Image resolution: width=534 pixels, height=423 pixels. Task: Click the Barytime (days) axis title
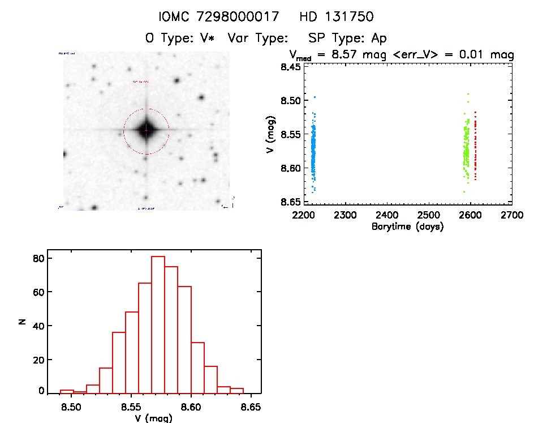(x=407, y=227)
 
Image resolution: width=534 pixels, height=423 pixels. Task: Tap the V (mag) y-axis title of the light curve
(x=272, y=134)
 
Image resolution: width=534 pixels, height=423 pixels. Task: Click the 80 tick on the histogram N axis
(x=38, y=258)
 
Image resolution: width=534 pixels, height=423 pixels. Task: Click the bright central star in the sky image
(x=146, y=130)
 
